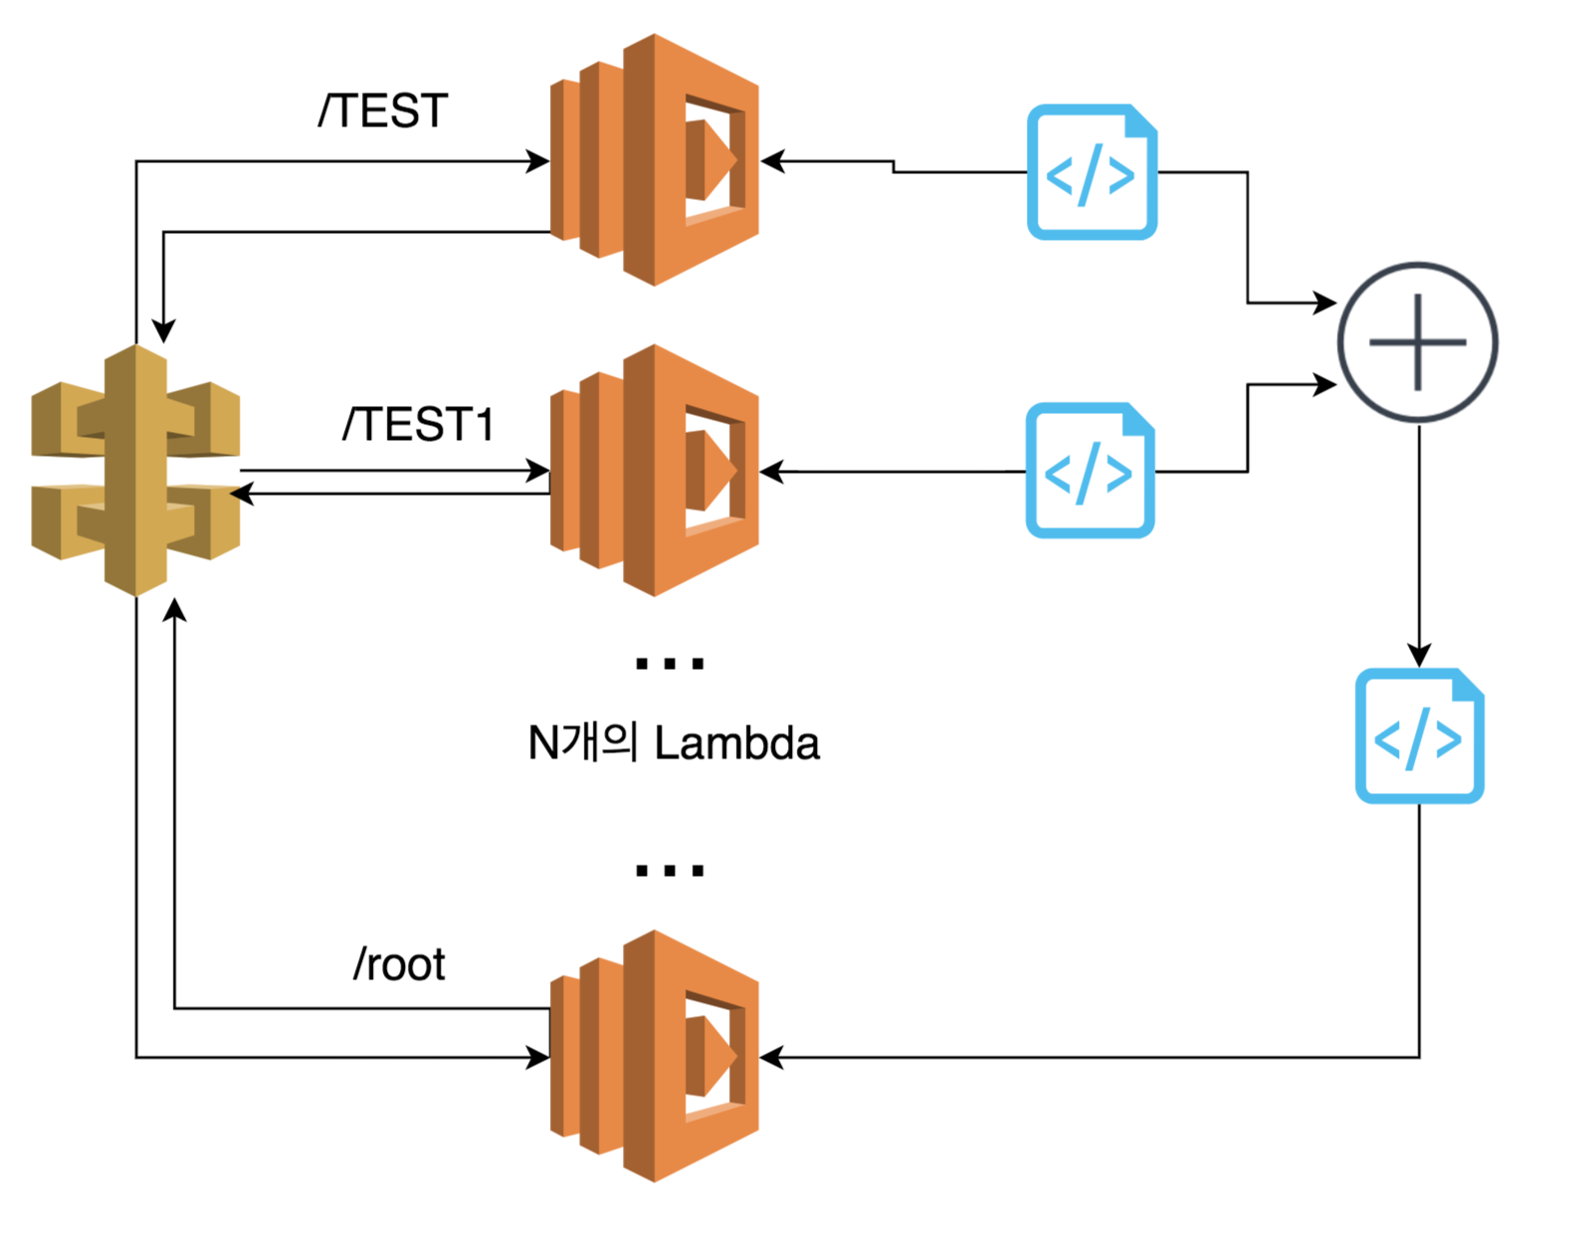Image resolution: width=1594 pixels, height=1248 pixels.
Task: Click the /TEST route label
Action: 383,110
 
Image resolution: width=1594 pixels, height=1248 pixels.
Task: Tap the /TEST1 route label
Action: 418,425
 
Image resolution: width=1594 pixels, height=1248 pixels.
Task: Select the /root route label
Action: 399,964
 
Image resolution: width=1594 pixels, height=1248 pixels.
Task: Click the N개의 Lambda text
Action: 674,743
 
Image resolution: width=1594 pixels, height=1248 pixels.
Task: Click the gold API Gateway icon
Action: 136,470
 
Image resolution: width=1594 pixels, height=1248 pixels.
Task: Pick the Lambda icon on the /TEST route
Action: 655,160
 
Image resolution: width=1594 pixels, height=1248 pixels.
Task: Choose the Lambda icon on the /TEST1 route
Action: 655,470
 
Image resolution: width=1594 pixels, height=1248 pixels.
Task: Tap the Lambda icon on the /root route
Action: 655,1056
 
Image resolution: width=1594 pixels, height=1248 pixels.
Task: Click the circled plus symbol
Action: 1418,342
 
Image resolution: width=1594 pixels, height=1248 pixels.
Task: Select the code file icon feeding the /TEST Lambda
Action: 1092,172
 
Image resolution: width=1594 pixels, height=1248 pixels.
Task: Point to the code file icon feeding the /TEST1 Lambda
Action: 1091,470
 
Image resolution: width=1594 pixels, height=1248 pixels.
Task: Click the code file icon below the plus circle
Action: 1420,735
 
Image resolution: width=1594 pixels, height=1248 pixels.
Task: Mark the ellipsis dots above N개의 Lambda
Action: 670,664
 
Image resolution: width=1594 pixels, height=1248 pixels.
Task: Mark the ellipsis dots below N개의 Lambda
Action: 670,871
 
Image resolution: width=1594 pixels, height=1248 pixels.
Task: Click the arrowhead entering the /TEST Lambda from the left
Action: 538,161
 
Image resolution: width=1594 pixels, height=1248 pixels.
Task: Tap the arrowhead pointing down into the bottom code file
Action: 1419,655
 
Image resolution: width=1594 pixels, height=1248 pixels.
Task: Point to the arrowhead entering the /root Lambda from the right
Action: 772,1057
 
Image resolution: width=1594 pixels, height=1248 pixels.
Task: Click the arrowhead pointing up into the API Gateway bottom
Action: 175,610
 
